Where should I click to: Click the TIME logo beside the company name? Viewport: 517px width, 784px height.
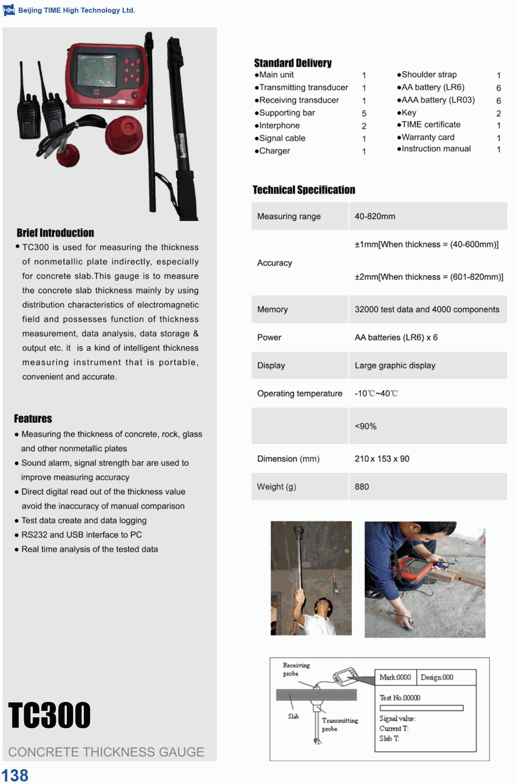[x=8, y=10]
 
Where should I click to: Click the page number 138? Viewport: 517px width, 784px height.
[x=15, y=775]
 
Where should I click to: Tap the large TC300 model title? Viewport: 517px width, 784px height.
[x=50, y=715]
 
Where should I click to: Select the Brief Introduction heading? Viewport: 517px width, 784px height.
[x=55, y=233]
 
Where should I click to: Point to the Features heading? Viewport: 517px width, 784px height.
[x=33, y=419]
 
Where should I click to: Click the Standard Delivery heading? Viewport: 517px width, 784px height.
[x=293, y=63]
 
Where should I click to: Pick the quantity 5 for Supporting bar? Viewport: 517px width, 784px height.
[x=364, y=113]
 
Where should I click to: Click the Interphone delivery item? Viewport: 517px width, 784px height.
[x=279, y=126]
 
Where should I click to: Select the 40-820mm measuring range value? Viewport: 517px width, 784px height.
[x=375, y=216]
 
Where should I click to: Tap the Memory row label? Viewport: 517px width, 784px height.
[x=272, y=309]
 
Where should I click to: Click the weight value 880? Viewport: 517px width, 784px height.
[x=362, y=487]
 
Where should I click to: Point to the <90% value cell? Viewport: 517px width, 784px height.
[x=365, y=426]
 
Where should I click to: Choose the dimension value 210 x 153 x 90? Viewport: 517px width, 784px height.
[x=382, y=459]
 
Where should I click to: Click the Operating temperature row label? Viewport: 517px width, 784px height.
[x=300, y=394]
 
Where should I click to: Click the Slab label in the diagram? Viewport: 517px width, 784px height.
[x=293, y=716]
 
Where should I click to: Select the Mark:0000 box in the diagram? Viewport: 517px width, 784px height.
[x=395, y=677]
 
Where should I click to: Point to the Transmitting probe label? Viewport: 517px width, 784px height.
[x=340, y=724]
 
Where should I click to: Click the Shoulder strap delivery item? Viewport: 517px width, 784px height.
[x=429, y=75]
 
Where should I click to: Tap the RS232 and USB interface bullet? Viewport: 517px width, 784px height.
[x=82, y=535]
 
